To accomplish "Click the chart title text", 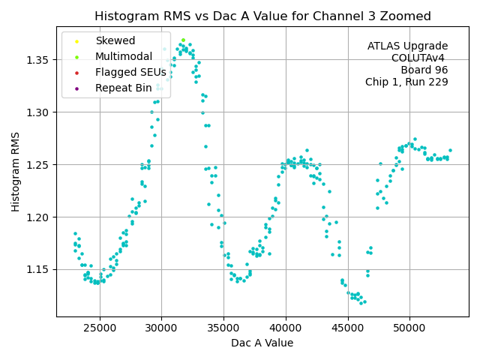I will click(x=262, y=16).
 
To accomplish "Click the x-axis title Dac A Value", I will click(x=262, y=343).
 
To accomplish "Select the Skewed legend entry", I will click(x=115, y=41).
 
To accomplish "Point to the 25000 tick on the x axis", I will click(x=100, y=328).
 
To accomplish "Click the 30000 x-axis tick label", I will click(x=162, y=328).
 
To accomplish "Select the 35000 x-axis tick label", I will click(x=224, y=328).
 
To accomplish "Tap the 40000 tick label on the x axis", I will click(x=286, y=328).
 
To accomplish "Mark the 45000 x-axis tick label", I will click(x=348, y=328).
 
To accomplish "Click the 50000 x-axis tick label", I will click(x=410, y=328).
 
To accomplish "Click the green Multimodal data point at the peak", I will click(x=183, y=40).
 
